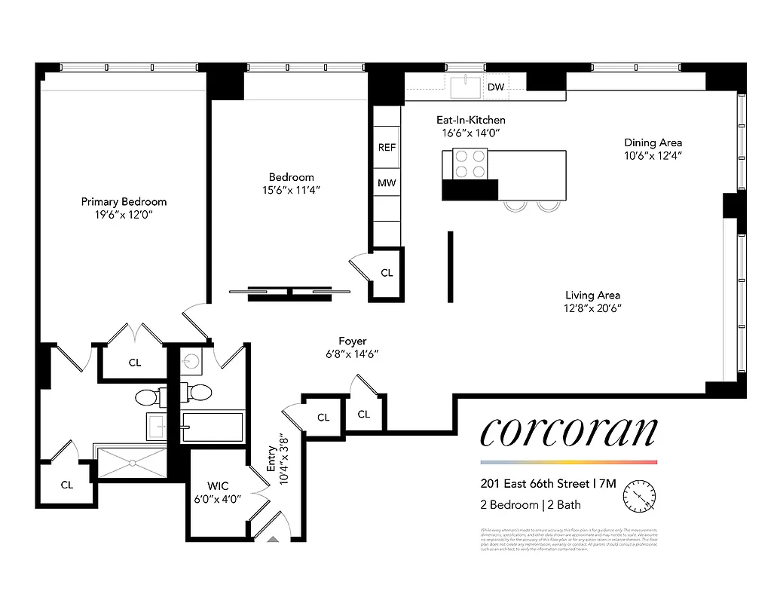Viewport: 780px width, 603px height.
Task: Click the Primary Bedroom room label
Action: (124, 201)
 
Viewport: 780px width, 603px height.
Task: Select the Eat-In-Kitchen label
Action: (471, 120)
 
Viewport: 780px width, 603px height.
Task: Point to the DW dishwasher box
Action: (495, 87)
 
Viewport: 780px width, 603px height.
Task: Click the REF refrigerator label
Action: (387, 148)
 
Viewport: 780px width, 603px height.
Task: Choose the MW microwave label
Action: (387, 183)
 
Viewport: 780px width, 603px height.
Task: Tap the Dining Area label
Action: (653, 142)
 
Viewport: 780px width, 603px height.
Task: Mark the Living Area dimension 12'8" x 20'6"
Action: (593, 308)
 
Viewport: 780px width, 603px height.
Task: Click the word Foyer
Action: (352, 341)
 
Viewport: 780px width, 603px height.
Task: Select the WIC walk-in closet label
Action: (218, 486)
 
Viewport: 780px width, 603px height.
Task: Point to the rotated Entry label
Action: (271, 459)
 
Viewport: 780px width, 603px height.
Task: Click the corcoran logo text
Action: (568, 432)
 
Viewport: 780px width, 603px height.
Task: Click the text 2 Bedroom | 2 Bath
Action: (531, 505)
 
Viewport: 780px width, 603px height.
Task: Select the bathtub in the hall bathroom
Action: (213, 427)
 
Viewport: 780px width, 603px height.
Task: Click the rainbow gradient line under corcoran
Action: (568, 462)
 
